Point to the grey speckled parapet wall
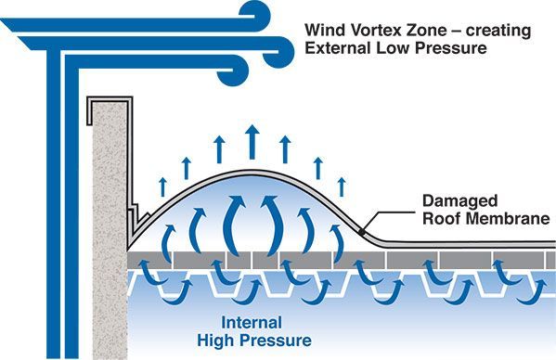pyautogui.click(x=110, y=213)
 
